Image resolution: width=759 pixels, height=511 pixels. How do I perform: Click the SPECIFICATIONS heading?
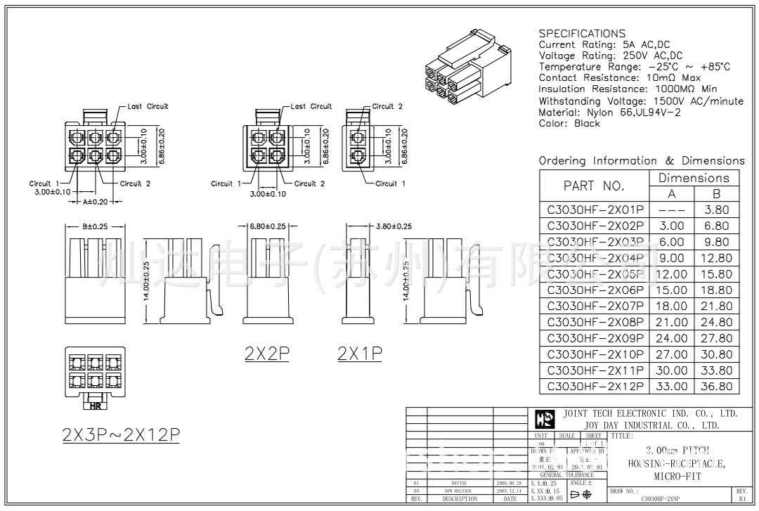[581, 33]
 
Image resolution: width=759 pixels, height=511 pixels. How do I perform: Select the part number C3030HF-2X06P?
[595, 290]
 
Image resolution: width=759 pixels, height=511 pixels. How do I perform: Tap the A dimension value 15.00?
[671, 290]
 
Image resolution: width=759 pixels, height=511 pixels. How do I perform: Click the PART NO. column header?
[594, 186]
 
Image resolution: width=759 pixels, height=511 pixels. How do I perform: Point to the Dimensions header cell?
[694, 178]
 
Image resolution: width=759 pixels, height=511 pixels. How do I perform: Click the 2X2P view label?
[267, 354]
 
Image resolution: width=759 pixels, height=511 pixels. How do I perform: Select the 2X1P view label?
[359, 354]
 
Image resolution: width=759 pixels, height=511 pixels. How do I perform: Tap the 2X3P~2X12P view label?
[121, 434]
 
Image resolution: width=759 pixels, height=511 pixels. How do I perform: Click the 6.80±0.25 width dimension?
[268, 226]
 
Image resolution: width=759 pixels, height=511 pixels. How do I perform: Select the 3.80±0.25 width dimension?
[384, 226]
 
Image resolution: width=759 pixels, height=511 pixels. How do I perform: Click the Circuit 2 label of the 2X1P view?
[387, 107]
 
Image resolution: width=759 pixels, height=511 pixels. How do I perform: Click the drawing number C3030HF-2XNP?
[659, 498]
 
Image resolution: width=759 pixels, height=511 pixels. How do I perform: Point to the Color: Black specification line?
[569, 123]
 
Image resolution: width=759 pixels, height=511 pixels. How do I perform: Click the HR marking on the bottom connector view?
[93, 406]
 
